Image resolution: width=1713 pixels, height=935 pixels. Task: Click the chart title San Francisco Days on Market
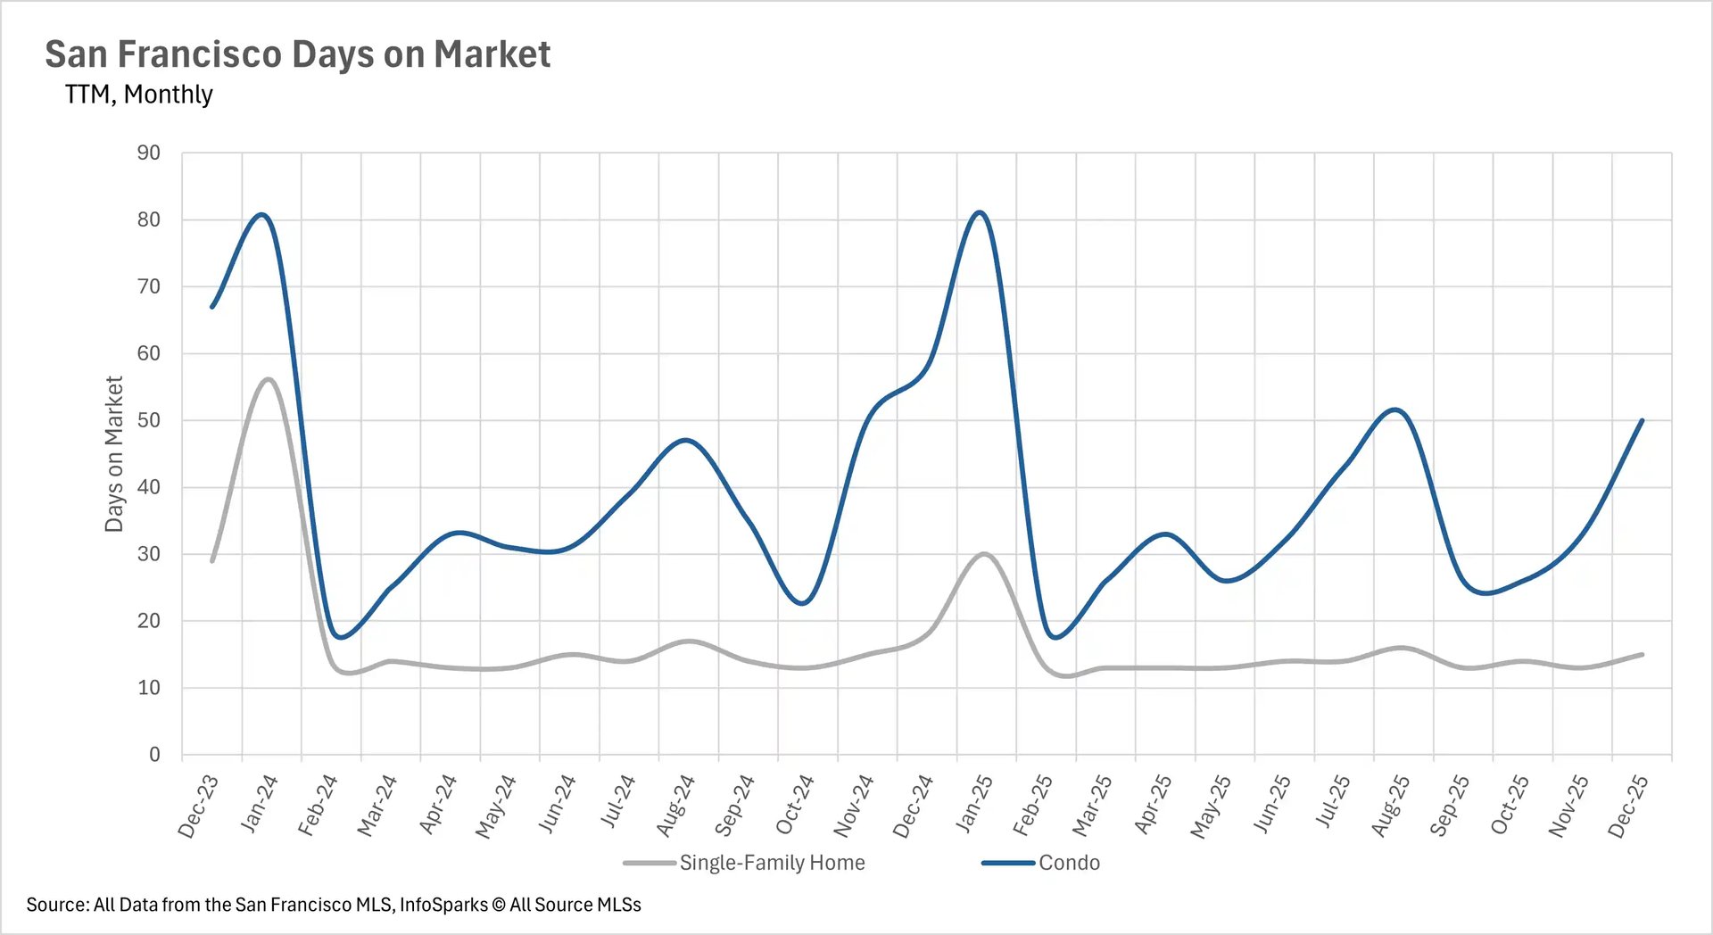tap(297, 54)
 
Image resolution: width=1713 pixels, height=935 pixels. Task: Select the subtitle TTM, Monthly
tap(138, 94)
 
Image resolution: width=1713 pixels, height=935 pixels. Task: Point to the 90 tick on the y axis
tap(149, 153)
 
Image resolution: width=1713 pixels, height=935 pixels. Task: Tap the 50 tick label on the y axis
tap(149, 420)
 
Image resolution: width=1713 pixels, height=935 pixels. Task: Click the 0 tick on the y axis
tap(154, 755)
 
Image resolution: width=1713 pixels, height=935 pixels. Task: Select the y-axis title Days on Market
tap(113, 453)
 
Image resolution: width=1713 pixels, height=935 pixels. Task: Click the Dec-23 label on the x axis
tap(198, 807)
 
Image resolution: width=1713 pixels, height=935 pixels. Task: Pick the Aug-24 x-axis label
tap(675, 807)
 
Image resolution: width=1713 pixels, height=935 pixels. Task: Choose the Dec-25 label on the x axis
tap(1628, 807)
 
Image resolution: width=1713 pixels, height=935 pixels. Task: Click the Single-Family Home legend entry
tap(771, 863)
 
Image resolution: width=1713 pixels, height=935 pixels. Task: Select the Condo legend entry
tap(1068, 863)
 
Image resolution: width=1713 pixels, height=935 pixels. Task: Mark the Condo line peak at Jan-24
tap(261, 214)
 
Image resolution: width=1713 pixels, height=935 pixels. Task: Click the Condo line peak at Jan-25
tap(980, 212)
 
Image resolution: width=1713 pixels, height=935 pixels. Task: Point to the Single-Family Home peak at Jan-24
tap(268, 379)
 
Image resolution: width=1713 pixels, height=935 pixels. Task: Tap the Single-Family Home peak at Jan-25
tap(984, 554)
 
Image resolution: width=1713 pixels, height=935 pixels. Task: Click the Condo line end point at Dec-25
tap(1642, 420)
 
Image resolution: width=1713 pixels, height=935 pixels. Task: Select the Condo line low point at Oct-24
tap(803, 604)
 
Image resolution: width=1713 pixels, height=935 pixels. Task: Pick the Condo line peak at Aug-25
tap(1394, 410)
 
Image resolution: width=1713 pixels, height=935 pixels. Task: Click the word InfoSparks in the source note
tap(443, 905)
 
